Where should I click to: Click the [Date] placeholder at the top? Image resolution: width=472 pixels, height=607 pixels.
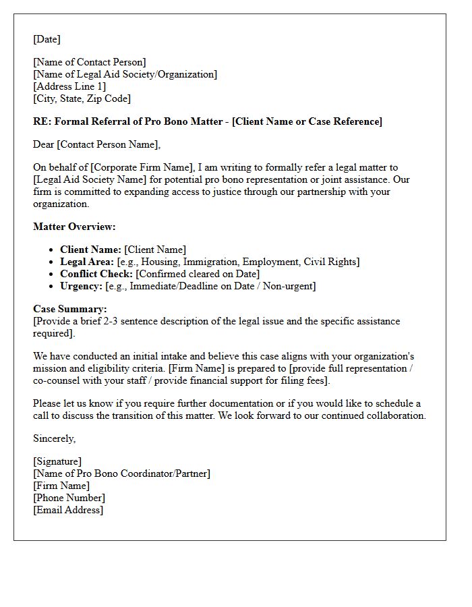47,39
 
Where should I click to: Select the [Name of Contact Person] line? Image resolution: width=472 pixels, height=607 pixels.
89,62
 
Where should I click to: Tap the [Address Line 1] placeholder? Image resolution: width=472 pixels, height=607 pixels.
69,86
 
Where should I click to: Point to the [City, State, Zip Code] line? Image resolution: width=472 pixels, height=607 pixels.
82,98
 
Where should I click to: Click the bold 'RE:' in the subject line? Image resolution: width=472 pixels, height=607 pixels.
42,121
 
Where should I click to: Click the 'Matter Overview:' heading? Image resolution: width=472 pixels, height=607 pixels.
74,227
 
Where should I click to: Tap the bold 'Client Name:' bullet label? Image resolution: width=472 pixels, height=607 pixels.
90,250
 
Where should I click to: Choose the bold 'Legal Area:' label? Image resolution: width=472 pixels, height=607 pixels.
87,262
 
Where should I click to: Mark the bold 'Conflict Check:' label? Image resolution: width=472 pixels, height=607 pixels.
96,274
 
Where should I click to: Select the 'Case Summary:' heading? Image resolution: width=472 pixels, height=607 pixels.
69,309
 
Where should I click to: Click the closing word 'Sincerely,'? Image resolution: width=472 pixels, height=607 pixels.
55,438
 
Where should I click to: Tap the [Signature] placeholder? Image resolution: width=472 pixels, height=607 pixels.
57,461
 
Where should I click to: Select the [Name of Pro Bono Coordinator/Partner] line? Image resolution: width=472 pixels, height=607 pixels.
121,473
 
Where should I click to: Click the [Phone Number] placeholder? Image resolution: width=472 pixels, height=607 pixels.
69,498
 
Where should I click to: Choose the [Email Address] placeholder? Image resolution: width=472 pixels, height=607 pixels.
68,510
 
